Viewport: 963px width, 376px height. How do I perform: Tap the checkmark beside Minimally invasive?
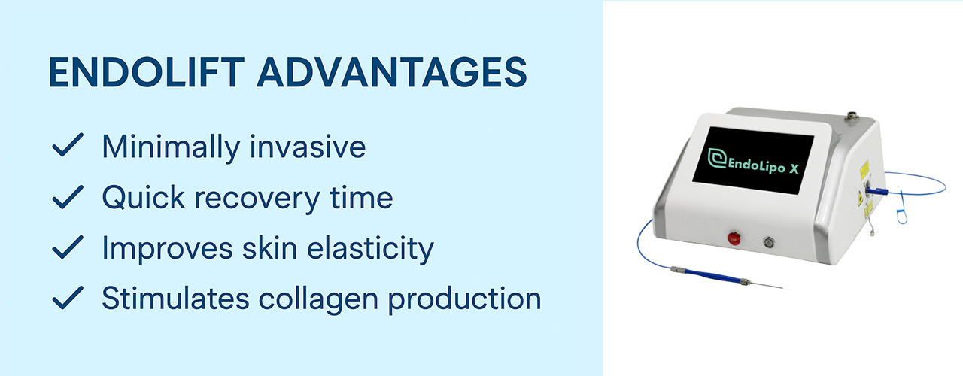pos(67,147)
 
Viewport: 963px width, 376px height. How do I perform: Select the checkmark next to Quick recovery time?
pos(67,198)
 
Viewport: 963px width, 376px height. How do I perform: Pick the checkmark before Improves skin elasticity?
pos(67,248)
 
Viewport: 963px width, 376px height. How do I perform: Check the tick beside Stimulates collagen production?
pos(67,299)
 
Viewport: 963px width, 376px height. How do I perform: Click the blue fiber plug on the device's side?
pos(874,191)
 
